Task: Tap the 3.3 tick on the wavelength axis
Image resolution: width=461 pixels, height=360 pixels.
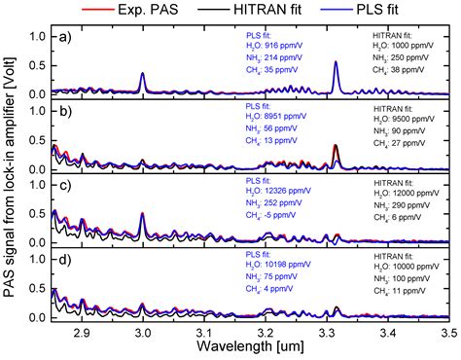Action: click(x=328, y=332)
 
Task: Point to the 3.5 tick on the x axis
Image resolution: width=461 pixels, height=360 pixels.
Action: click(x=450, y=332)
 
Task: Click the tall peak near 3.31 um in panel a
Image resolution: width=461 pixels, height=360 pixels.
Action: click(x=336, y=63)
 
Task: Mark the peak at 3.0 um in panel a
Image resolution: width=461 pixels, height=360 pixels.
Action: click(x=143, y=74)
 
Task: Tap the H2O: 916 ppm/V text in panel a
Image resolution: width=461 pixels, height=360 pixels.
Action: click(x=276, y=45)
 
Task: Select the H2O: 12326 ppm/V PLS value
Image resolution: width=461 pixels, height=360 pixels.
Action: click(x=278, y=195)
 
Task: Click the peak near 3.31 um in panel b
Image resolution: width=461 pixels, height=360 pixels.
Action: click(x=336, y=147)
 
